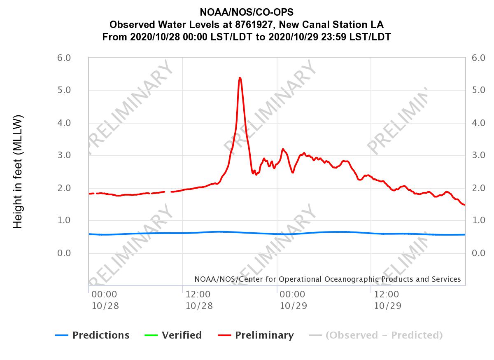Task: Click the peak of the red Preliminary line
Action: coord(240,78)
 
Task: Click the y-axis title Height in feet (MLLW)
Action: coord(18,172)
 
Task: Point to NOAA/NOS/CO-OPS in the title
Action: coord(247,12)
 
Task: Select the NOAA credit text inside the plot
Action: coord(327,279)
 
